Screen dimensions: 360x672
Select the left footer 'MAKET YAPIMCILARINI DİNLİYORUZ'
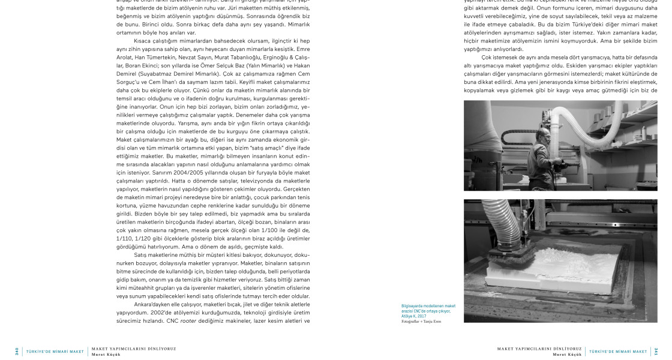133,348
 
